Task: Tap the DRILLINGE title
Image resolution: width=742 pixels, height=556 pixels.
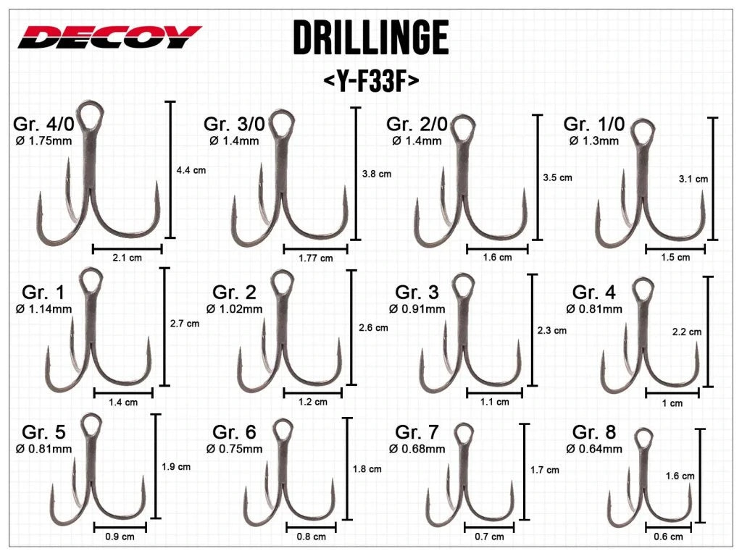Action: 370,38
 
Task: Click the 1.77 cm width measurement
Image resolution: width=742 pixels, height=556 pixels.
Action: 316,258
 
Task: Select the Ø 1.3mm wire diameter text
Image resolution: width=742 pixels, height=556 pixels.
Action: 594,140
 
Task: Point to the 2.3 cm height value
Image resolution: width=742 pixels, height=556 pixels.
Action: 552,330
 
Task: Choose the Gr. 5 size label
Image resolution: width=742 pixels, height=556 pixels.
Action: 43,432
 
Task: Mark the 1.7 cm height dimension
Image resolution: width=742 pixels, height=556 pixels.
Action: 544,470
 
